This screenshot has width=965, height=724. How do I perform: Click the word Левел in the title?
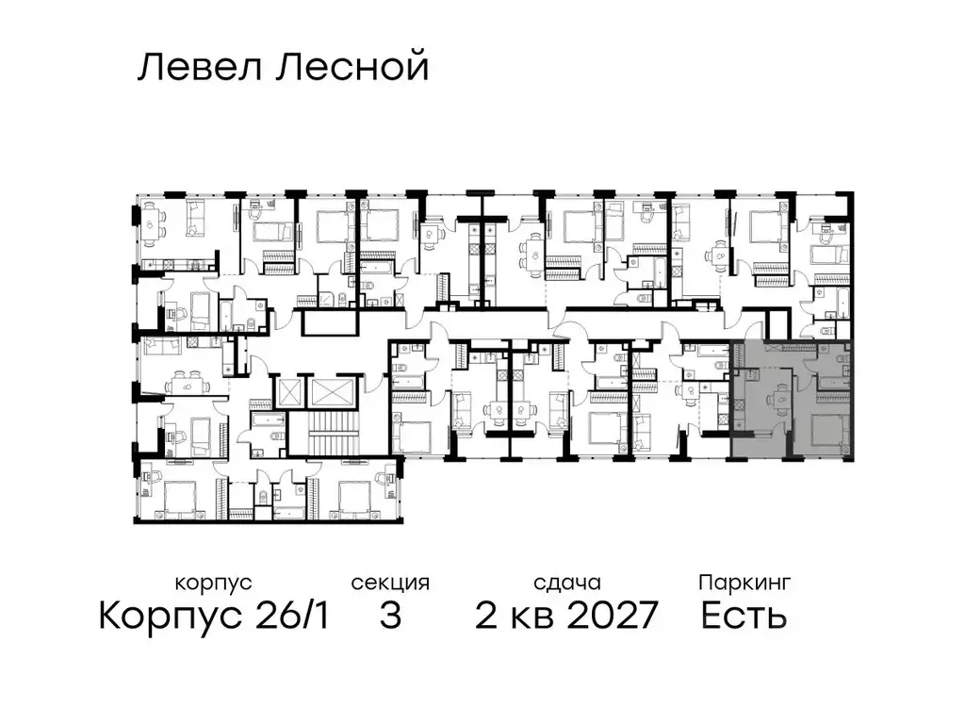click(x=196, y=68)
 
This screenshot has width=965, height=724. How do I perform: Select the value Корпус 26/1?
click(x=214, y=617)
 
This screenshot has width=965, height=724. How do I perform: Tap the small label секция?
click(x=390, y=583)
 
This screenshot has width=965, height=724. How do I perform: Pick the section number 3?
click(x=390, y=617)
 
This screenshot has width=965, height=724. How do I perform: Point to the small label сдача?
click(x=565, y=583)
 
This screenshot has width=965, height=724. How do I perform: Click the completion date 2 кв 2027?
click(x=565, y=617)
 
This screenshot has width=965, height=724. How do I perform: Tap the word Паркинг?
click(x=744, y=583)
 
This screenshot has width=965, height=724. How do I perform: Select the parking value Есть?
click(x=744, y=617)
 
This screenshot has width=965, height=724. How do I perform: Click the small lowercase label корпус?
click(x=214, y=583)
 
